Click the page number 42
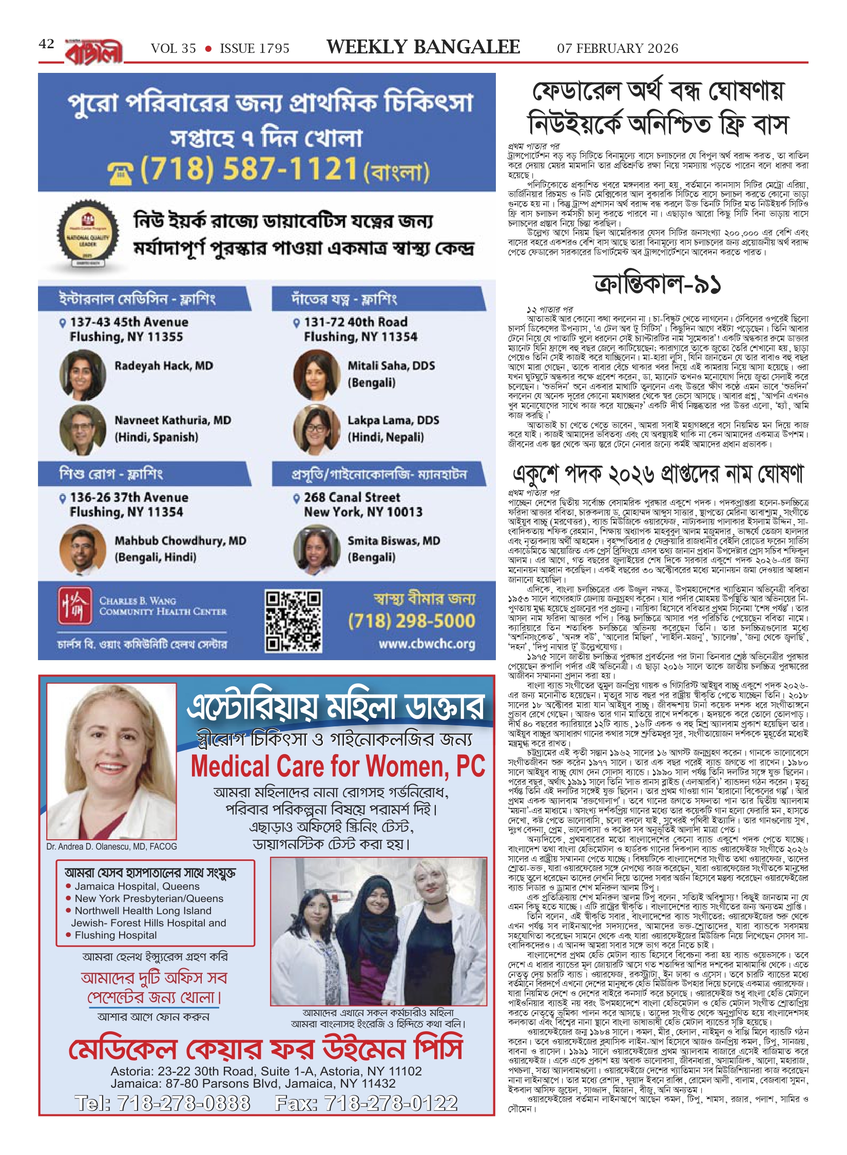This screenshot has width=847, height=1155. [x=46, y=44]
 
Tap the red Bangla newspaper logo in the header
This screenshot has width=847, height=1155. [x=94, y=51]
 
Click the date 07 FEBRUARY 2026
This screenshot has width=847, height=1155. [x=618, y=49]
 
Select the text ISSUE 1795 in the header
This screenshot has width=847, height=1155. [x=255, y=49]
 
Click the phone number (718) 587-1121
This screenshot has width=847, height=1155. [x=249, y=169]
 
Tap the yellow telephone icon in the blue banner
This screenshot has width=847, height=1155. [x=121, y=174]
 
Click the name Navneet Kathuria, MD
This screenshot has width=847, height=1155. [x=172, y=420]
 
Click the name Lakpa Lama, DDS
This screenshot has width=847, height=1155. [x=393, y=420]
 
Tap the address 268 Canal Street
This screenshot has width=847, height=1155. [x=352, y=497]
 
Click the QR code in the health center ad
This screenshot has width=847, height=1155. [x=293, y=621]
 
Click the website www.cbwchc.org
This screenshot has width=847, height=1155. [x=427, y=644]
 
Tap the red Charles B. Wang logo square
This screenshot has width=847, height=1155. [x=75, y=606]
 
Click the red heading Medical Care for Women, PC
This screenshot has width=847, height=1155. [x=338, y=767]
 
